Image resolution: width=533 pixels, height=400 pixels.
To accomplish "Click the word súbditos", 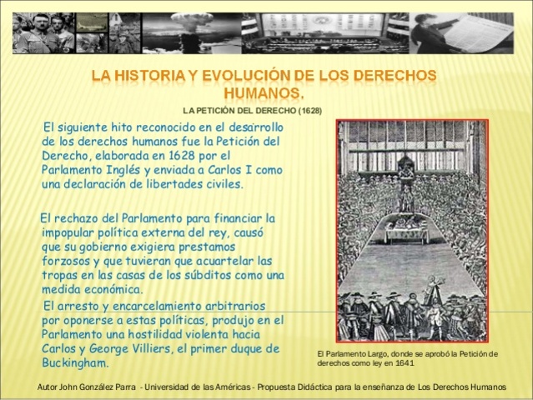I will [222, 276].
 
